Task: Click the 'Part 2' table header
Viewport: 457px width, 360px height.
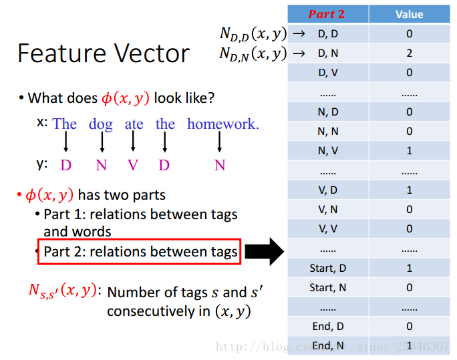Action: coord(327,14)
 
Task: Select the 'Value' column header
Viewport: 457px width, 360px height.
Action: coord(409,14)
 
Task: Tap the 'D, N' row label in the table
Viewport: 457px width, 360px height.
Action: coord(328,53)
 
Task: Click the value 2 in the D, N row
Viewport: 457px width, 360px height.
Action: coord(409,53)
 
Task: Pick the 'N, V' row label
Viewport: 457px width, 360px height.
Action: coord(328,150)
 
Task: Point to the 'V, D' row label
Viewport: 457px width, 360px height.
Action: coord(328,190)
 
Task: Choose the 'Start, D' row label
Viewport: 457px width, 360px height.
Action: coord(328,268)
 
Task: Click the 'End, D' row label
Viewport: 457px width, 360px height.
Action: coord(328,326)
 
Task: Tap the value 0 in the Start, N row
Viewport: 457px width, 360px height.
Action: coord(409,287)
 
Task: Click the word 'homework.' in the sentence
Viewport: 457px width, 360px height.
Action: coord(223,124)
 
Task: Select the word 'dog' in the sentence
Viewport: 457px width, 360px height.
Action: coord(100,125)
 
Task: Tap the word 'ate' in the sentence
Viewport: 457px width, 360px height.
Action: coord(134,124)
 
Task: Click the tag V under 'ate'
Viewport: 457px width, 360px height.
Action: coord(132,165)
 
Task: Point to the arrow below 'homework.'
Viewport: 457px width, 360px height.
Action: coord(219,142)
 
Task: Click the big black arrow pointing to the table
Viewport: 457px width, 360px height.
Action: coord(265,251)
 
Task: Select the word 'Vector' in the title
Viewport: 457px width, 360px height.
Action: coord(152,53)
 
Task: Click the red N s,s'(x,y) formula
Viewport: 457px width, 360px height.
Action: coord(63,291)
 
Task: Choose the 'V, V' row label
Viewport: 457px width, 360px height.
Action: coord(328,229)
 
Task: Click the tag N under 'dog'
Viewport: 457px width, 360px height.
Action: coord(101,165)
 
